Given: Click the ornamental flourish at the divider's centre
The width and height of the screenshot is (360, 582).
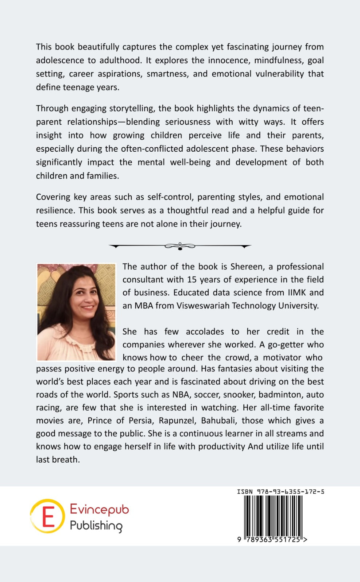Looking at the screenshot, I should (180, 246).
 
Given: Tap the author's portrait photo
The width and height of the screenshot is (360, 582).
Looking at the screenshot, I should (76, 312).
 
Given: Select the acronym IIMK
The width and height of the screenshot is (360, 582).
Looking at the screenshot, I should (294, 293).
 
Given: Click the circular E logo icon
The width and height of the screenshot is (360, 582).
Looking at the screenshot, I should (47, 516).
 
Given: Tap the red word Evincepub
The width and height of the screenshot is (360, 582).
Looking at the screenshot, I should (99, 510).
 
